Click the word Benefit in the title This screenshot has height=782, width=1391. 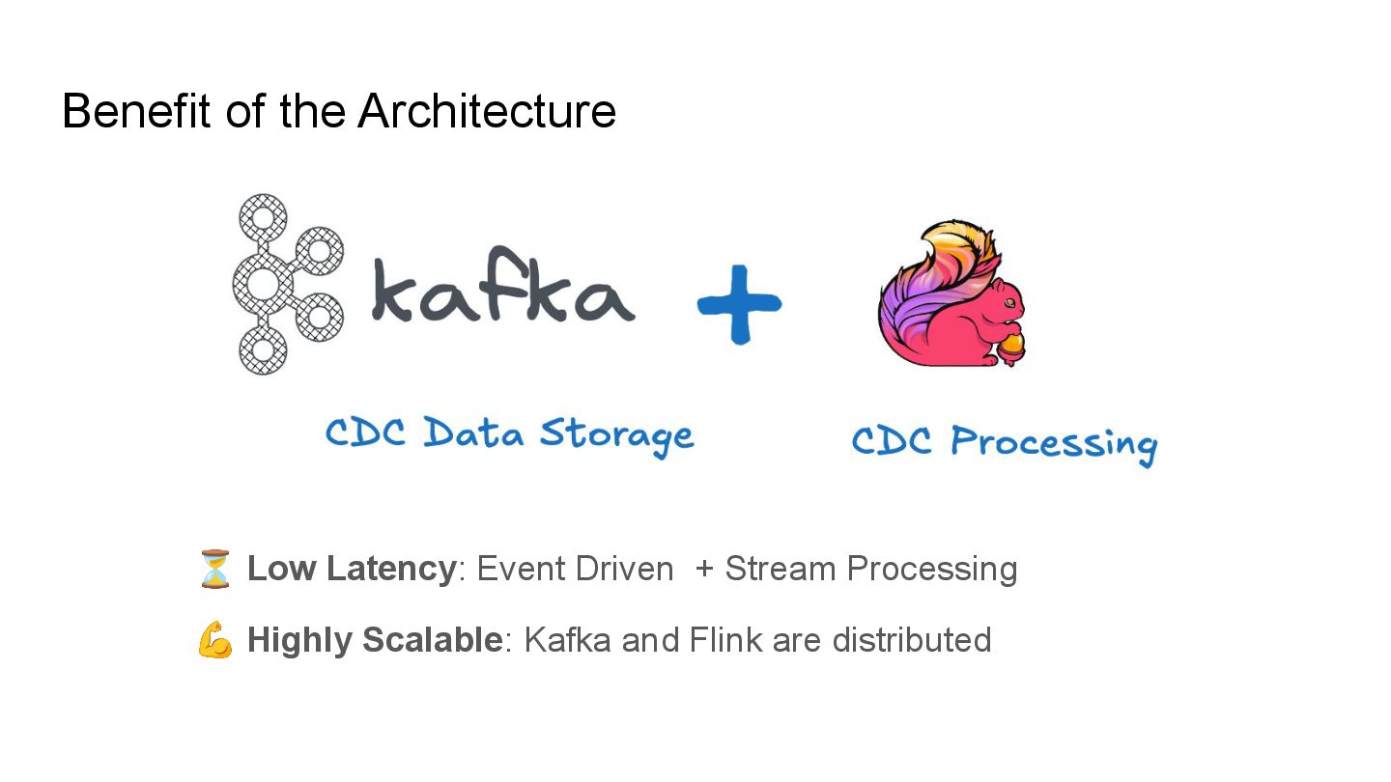(x=136, y=111)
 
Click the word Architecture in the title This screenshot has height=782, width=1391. (x=487, y=111)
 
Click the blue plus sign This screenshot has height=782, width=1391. (x=740, y=303)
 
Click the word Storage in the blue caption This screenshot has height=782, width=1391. (x=616, y=433)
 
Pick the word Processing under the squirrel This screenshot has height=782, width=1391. (x=1054, y=443)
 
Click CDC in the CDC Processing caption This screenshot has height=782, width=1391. (x=892, y=442)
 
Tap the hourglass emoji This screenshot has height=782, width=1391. (x=214, y=569)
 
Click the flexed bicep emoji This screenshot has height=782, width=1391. (x=214, y=640)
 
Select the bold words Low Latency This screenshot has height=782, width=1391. (x=351, y=569)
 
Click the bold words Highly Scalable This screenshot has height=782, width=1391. (x=375, y=640)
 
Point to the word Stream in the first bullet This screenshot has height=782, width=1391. (x=780, y=569)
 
